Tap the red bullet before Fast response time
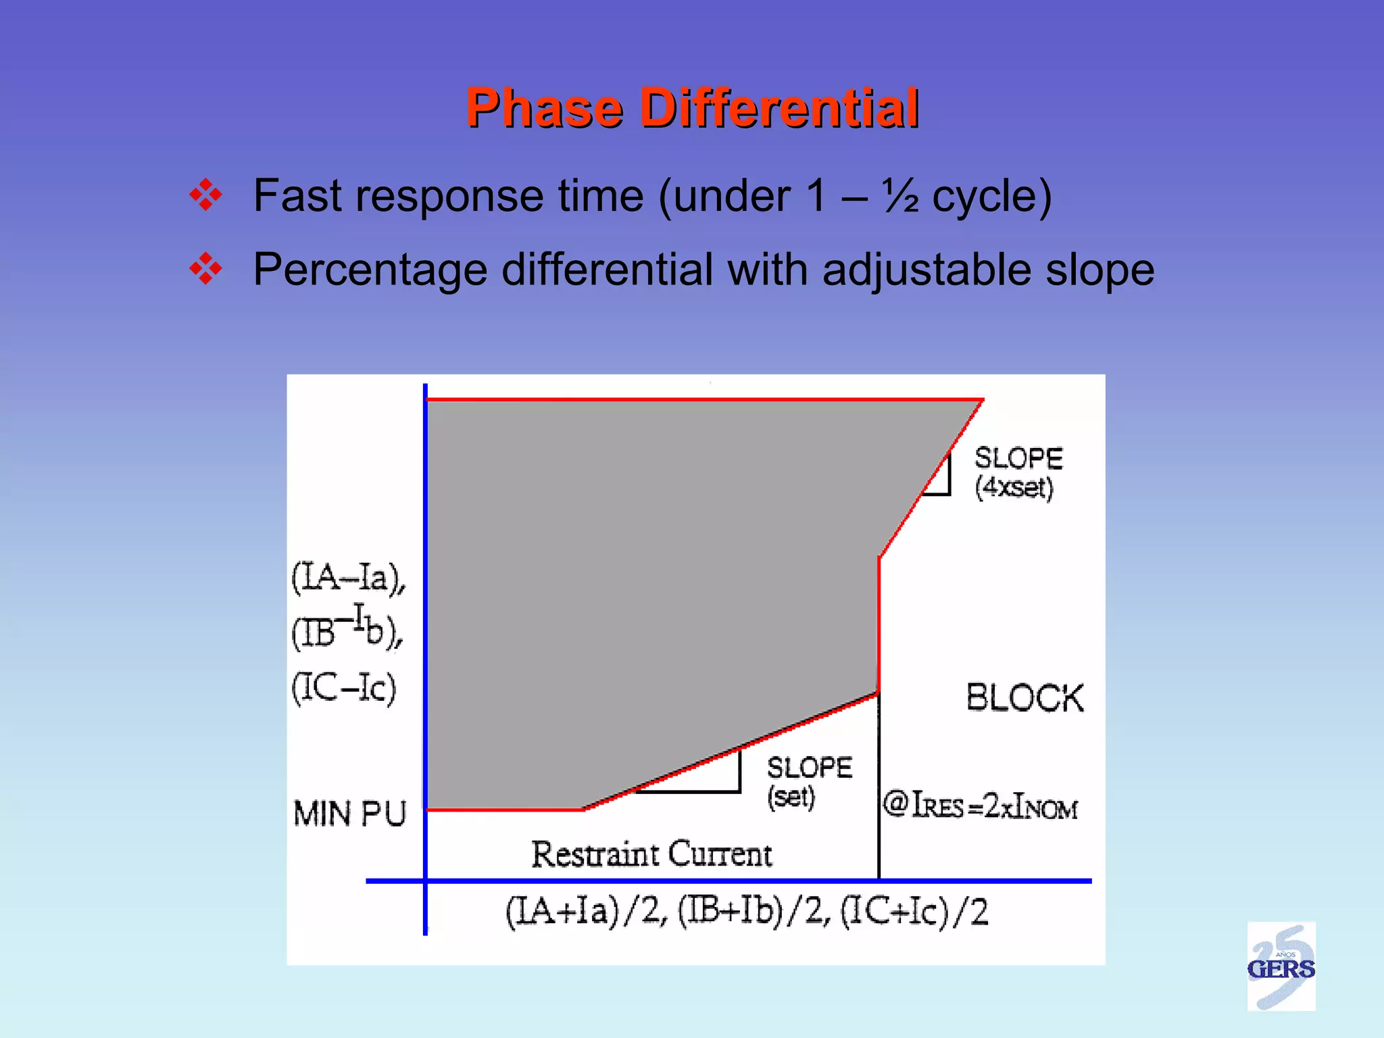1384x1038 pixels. (205, 196)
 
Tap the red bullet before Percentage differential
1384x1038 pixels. (205, 270)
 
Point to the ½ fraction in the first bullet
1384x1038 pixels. (900, 196)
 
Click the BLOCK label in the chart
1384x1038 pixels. (1024, 698)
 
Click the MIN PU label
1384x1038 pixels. (349, 814)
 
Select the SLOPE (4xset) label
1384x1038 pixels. (1018, 473)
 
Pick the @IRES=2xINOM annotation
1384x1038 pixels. (980, 806)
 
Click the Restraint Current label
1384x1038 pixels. (651, 854)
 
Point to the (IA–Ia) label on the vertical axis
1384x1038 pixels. (349, 578)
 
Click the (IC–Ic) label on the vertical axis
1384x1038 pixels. (344, 688)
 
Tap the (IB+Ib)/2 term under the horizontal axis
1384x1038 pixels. (753, 912)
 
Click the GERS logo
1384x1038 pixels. (1281, 966)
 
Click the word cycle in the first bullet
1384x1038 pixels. (991, 196)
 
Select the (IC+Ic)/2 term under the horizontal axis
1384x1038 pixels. (914, 912)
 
